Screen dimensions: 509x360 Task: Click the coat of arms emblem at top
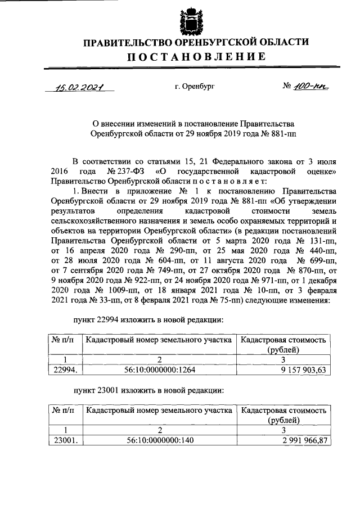tap(190, 21)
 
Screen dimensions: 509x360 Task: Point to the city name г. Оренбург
tap(195, 87)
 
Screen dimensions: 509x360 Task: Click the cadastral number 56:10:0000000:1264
tap(160, 370)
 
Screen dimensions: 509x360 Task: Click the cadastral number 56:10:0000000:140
tap(160, 440)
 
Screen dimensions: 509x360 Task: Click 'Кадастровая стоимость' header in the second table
tap(283, 411)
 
